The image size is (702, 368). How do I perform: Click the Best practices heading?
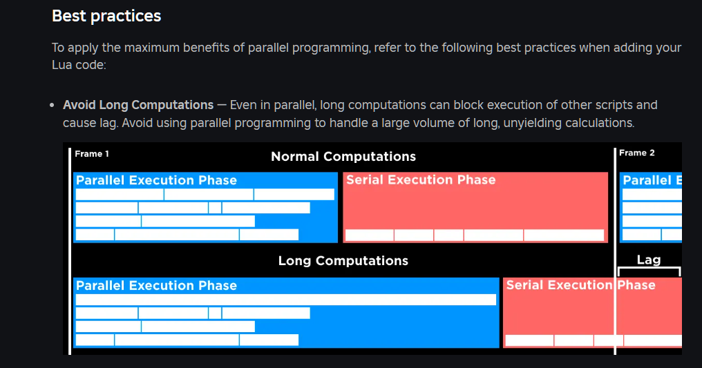tap(106, 16)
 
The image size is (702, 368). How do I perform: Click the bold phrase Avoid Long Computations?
tap(138, 105)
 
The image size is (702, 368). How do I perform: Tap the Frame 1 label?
tap(92, 154)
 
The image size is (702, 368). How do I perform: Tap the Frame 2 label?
tap(636, 153)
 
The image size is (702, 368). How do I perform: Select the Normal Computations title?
tap(343, 157)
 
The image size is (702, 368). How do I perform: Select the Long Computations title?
tap(343, 261)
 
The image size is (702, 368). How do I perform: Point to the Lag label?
tap(649, 260)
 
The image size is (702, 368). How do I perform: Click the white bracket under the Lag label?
tap(649, 268)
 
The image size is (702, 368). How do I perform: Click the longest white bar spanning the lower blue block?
tap(286, 300)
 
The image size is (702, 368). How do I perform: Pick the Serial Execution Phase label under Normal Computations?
tap(421, 180)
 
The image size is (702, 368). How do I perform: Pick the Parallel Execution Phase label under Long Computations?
tap(156, 285)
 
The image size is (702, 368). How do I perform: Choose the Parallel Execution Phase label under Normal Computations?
tap(156, 180)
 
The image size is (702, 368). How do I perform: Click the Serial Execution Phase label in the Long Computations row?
tap(580, 285)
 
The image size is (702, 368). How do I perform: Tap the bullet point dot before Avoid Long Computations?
tap(53, 106)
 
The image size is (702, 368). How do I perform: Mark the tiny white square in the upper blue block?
tap(215, 208)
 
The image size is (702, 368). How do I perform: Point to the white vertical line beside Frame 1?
tap(70, 251)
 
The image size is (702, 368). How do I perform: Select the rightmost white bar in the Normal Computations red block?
tap(564, 235)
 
